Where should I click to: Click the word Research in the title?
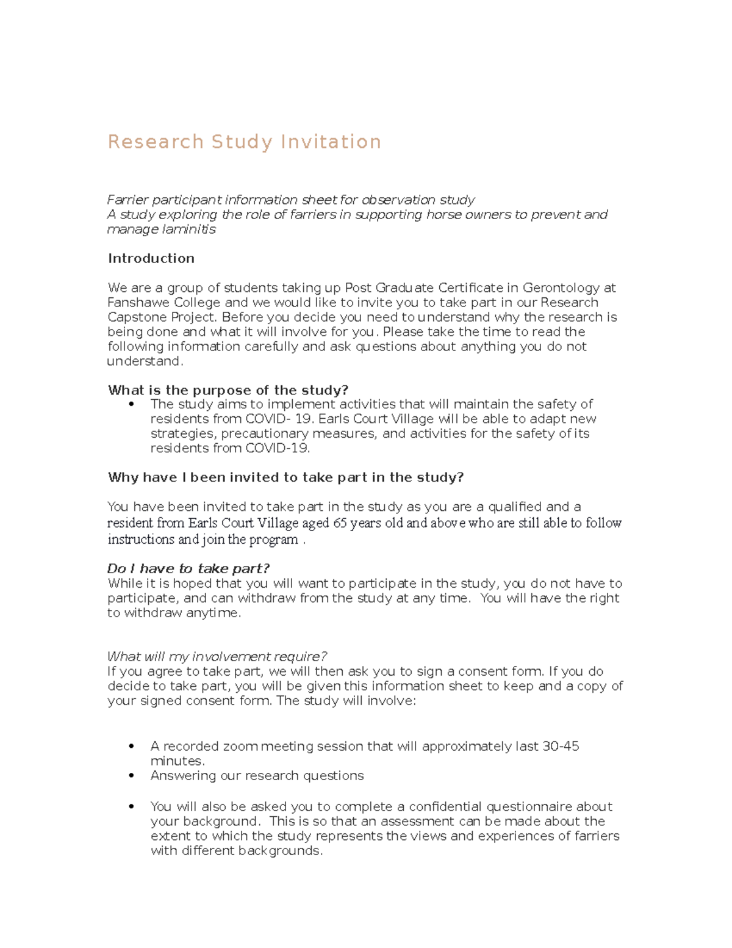click(x=156, y=142)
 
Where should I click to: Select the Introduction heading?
click(x=151, y=258)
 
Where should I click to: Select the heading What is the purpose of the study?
click(x=228, y=390)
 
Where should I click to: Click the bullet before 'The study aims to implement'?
click(x=131, y=405)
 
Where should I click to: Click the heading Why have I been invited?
click(x=285, y=477)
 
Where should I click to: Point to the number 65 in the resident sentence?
click(x=340, y=523)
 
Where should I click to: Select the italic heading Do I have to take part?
click(x=188, y=569)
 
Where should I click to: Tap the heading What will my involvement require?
click(x=217, y=657)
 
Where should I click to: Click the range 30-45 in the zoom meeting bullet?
click(x=560, y=747)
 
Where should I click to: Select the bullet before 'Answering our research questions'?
click(x=131, y=775)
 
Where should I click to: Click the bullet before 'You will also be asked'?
click(x=131, y=806)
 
